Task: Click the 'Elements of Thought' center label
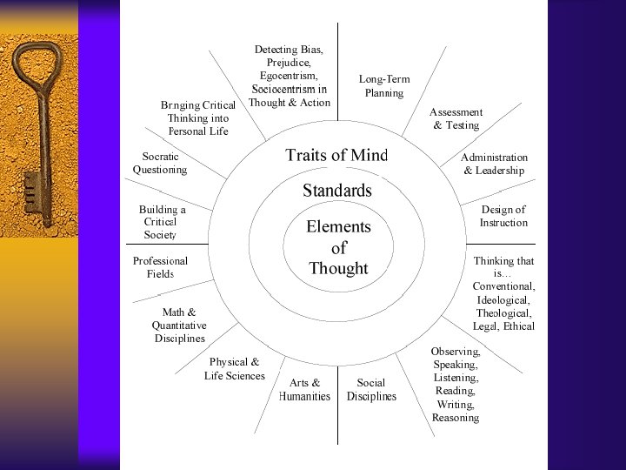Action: pos(338,248)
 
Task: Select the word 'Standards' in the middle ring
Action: pos(337,191)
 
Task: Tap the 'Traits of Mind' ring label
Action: pos(336,156)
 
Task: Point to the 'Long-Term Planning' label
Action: pos(384,86)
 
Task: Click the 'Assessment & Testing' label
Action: pos(456,118)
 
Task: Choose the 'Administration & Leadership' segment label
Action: pos(494,164)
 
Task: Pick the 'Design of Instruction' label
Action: pos(503,216)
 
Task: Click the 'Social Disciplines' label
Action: pos(371,390)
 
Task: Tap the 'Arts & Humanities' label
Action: pos(304,390)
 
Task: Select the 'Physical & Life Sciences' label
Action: pos(235,369)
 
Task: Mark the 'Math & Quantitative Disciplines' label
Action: pos(179,325)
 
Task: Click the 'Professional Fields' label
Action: pos(160,267)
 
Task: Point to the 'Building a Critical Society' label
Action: pos(162,222)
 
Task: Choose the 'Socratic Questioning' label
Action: pos(160,163)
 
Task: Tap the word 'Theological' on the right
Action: pos(503,312)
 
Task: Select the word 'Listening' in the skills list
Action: pos(456,378)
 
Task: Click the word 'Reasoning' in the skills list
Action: pos(456,418)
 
